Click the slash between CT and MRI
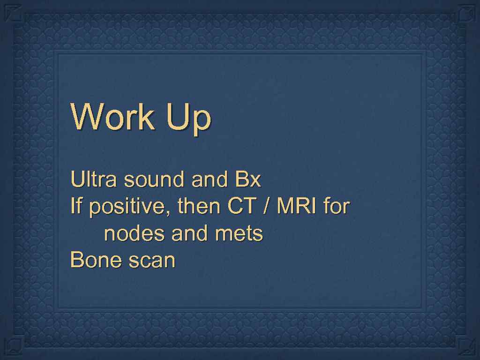coord(266,206)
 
